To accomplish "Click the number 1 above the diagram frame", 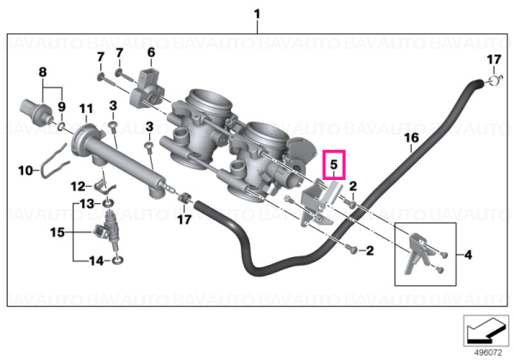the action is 257,15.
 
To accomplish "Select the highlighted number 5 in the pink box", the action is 334,165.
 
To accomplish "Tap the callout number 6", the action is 151,52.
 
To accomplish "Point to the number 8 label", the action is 43,72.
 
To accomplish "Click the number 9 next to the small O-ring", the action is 62,106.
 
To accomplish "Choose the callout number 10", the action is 26,171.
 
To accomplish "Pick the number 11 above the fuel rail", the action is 87,109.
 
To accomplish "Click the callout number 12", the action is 78,187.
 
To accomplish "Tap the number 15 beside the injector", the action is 57,232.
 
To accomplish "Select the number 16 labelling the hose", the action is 411,138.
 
